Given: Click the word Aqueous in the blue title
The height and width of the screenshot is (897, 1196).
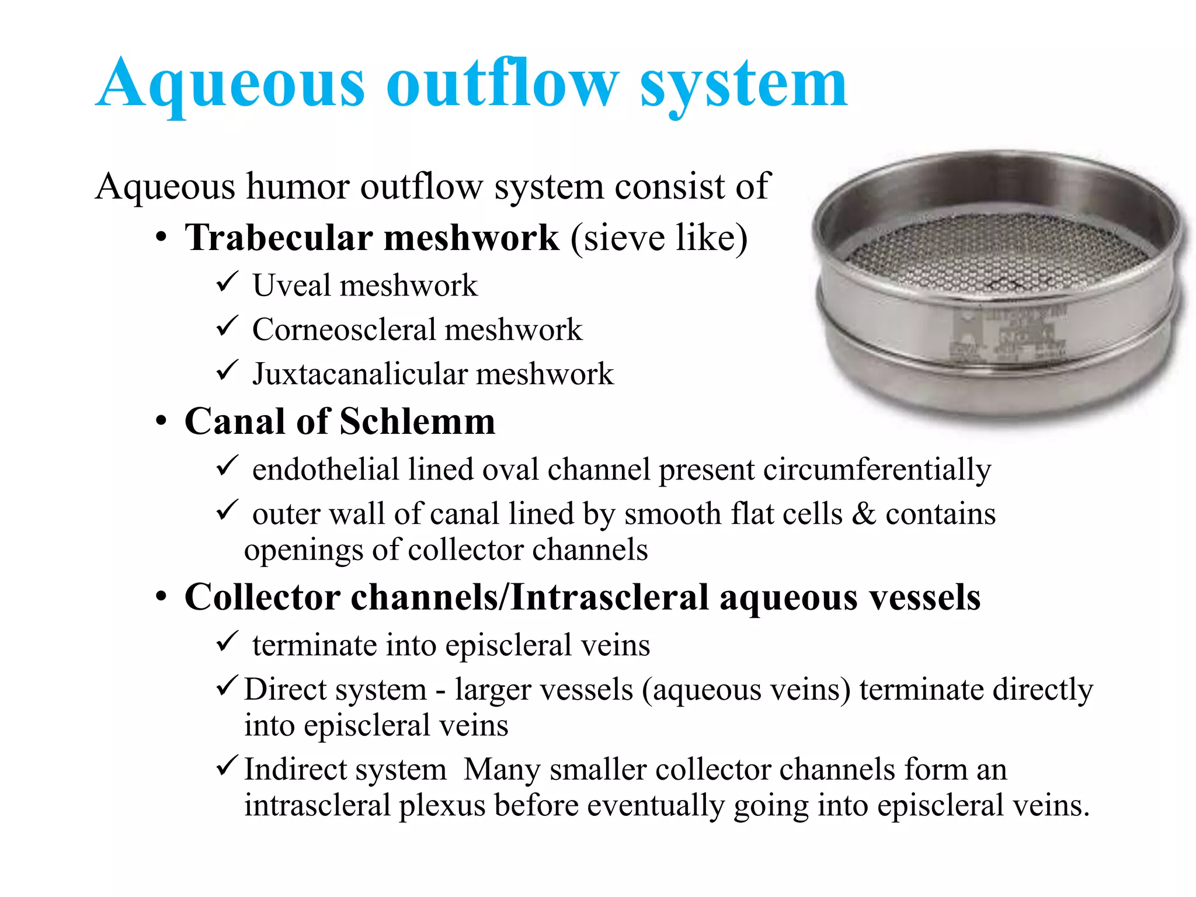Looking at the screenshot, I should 231,85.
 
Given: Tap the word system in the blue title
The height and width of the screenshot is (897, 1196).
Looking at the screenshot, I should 743,85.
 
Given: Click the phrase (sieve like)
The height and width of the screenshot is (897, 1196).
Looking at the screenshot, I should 658,238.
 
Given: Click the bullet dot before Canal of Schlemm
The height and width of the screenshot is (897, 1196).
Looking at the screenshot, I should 162,421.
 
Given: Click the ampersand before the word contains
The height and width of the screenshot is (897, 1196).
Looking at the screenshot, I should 864,514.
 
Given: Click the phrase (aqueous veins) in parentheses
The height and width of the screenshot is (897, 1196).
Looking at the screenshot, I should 746,690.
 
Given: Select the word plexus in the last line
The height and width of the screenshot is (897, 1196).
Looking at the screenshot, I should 442,806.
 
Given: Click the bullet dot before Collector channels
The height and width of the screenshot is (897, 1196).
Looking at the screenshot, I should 162,597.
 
